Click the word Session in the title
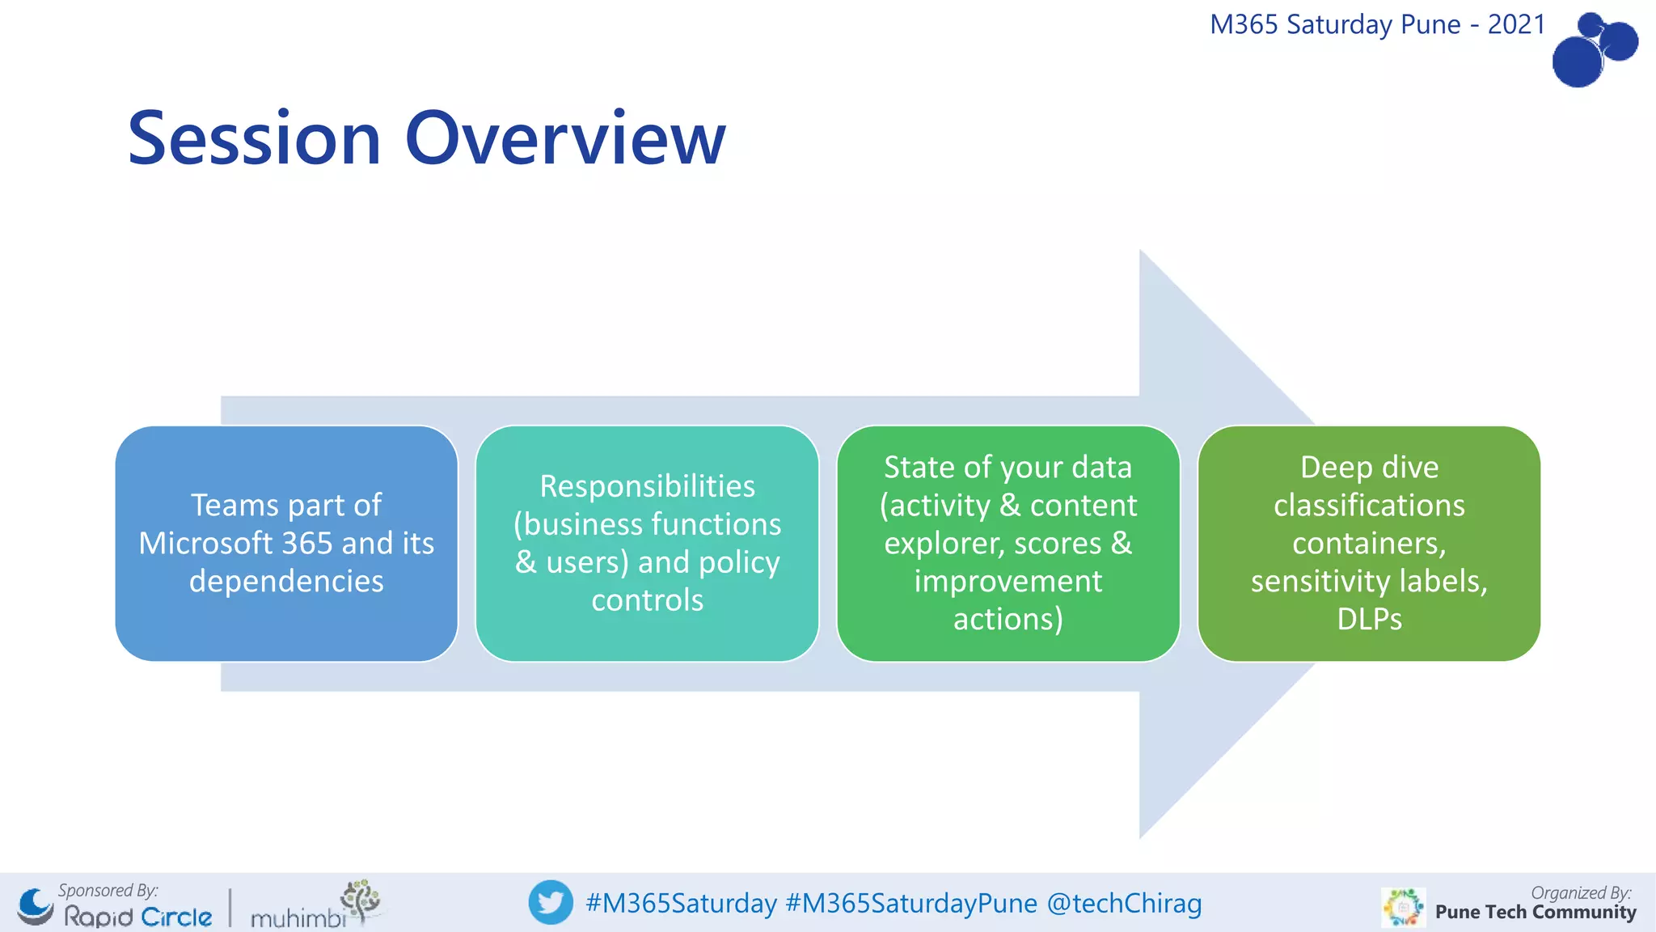pos(254,139)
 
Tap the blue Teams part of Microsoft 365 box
pos(286,544)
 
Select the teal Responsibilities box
pos(647,544)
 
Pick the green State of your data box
pos(1008,544)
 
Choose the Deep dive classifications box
pos(1368,544)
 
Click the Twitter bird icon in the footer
pos(551,902)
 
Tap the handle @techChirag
pos(1124,903)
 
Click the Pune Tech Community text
pos(1535,913)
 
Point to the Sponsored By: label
pos(108,890)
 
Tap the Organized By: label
pos(1581,892)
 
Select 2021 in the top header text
pos(1516,24)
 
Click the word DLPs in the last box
pos(1369,619)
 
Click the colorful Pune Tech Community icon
pos(1403,908)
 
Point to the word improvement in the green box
pos(1008,581)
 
